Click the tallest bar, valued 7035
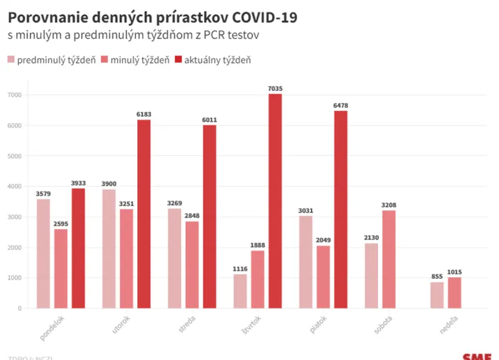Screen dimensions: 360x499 click(275, 201)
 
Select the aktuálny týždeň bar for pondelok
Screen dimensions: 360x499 click(78, 248)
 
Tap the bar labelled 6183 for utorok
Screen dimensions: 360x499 click(144, 214)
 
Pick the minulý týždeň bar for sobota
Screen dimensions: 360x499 click(389, 259)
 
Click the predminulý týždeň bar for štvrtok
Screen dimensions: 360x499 click(240, 291)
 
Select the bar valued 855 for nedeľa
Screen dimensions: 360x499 click(437, 295)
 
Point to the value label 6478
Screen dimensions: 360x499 click(341, 106)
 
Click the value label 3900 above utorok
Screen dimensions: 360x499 click(109, 184)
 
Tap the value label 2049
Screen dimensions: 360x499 click(323, 241)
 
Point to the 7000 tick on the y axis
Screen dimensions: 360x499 click(15, 95)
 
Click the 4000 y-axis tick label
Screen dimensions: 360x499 click(15, 187)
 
